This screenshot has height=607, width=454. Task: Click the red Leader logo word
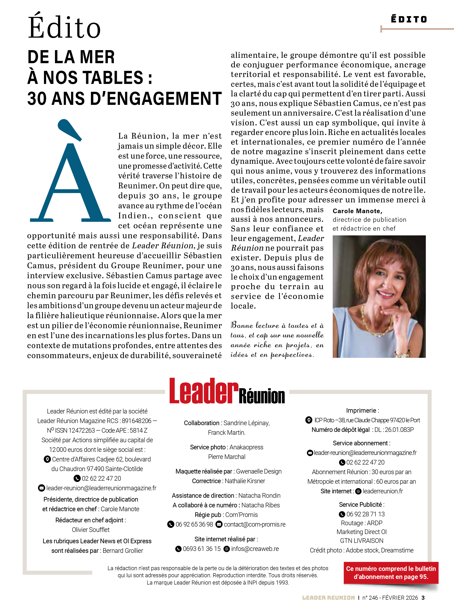click(x=203, y=391)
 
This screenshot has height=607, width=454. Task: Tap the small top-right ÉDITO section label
click(x=409, y=19)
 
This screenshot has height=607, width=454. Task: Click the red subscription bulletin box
click(x=391, y=572)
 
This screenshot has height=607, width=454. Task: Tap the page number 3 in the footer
click(x=423, y=598)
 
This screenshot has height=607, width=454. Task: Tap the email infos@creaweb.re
click(x=255, y=549)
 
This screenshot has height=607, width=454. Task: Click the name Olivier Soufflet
click(x=91, y=530)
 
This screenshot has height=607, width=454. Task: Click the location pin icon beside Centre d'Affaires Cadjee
click(x=47, y=459)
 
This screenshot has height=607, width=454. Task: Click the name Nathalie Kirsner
click(x=245, y=481)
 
